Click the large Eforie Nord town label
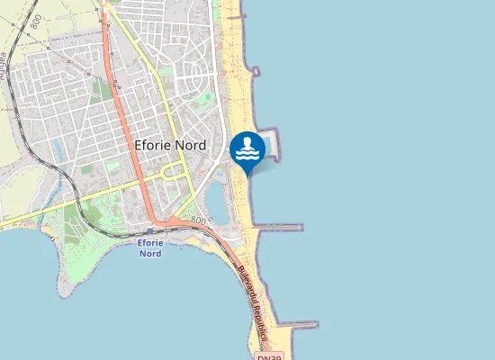(x=169, y=145)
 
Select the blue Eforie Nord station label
(x=150, y=248)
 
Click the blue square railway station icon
(x=150, y=230)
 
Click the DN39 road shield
(x=269, y=356)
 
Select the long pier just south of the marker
(x=279, y=228)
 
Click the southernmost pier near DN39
(x=297, y=324)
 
